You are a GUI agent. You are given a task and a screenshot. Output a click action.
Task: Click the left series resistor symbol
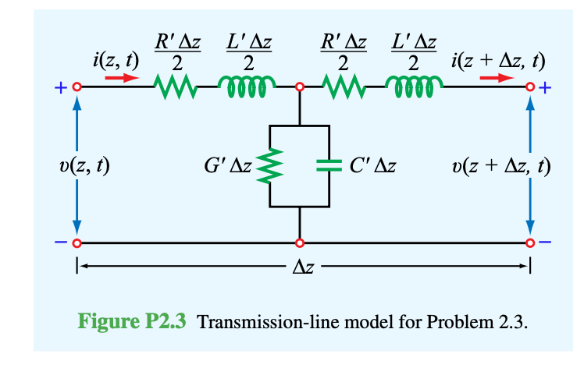click(176, 87)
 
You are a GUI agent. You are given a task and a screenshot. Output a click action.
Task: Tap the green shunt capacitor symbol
click(329, 165)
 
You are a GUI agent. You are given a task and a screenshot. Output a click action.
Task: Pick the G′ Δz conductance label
click(226, 165)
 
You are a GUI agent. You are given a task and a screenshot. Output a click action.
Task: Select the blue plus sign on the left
click(59, 88)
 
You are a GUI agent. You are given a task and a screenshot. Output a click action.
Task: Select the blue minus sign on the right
click(546, 242)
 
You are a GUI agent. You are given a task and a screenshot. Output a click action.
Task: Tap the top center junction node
click(299, 87)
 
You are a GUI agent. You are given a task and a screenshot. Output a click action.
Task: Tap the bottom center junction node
click(299, 242)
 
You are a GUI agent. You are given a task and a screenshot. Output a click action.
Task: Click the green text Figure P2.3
click(133, 321)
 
